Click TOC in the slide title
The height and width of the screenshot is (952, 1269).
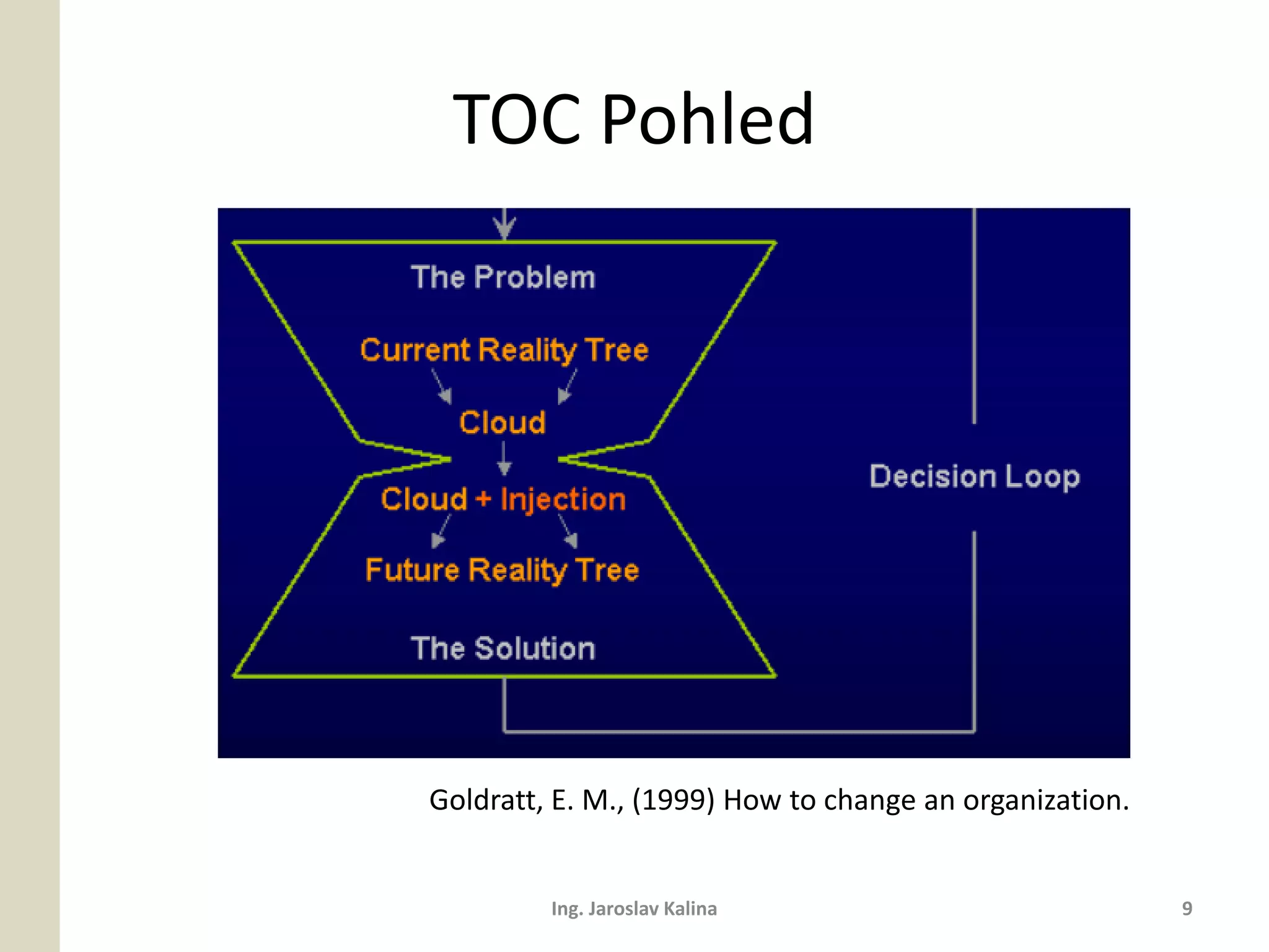(x=518, y=119)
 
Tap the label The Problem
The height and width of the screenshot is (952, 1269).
(x=503, y=277)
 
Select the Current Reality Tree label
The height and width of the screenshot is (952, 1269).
(x=504, y=350)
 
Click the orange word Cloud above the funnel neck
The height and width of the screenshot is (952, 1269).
(x=503, y=423)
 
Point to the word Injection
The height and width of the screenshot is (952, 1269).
(x=563, y=500)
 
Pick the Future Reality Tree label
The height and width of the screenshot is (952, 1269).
(x=502, y=570)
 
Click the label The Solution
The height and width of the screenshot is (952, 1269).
(x=503, y=648)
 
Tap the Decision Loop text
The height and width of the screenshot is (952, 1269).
(x=974, y=476)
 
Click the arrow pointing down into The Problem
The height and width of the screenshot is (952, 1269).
(x=504, y=224)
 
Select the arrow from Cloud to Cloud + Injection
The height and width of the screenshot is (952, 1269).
(x=504, y=459)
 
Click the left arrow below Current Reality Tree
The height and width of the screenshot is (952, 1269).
(x=442, y=387)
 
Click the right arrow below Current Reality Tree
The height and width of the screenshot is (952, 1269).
(x=568, y=387)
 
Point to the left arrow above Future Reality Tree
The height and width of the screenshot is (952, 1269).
(x=441, y=532)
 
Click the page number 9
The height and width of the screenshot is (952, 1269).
(x=1187, y=909)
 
